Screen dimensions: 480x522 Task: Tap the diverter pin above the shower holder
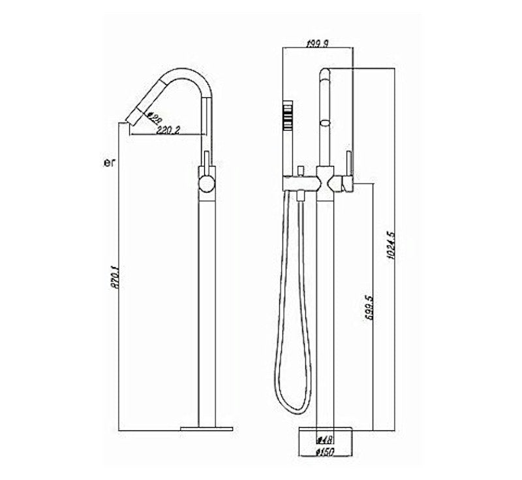[x=299, y=170]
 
